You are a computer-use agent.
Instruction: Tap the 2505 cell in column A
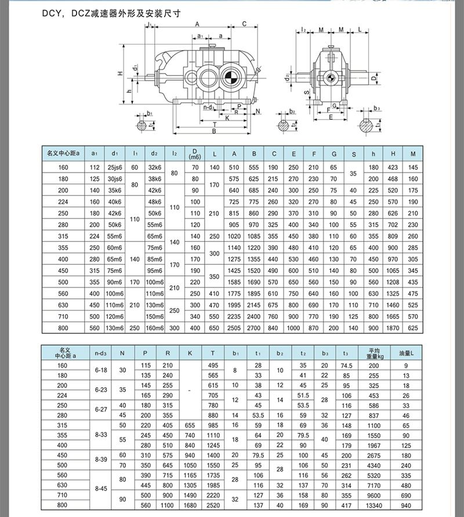(234, 327)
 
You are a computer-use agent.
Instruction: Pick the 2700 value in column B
(254, 327)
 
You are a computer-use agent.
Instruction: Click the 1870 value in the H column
(393, 327)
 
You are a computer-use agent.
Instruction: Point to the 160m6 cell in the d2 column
(154, 327)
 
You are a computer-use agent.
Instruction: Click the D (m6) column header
(194, 154)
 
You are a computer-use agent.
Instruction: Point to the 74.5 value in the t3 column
(347, 366)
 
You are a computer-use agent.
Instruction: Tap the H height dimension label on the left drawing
(120, 74)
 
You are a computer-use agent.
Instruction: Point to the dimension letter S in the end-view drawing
(306, 92)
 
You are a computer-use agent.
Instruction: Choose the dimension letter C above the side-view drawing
(244, 24)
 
